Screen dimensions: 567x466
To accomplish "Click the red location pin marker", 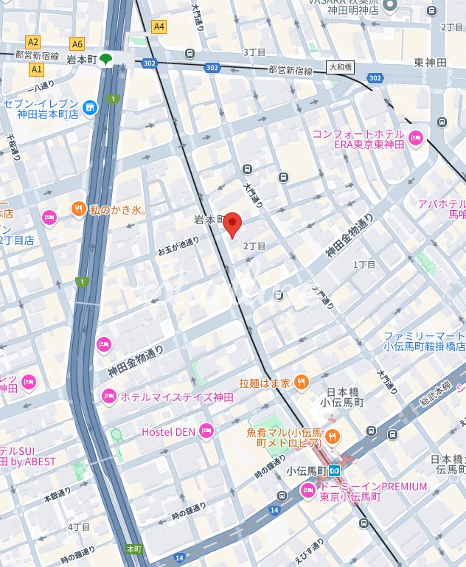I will click(233, 224).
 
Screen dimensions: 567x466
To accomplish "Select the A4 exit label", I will click(159, 27).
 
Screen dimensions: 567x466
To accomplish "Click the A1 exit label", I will click(35, 69).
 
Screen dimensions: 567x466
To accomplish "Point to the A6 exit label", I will click(77, 44).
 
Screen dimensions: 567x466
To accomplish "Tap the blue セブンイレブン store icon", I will click(90, 108).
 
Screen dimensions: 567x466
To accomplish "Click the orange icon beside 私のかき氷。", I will click(78, 211).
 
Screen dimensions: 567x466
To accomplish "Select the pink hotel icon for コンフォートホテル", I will click(416, 137).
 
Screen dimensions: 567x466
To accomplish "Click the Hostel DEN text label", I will click(167, 431).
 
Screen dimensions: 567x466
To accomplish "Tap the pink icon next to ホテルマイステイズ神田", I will click(109, 397).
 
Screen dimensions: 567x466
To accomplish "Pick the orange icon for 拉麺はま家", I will click(300, 382).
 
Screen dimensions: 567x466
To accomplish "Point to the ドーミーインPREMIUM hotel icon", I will click(308, 492).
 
